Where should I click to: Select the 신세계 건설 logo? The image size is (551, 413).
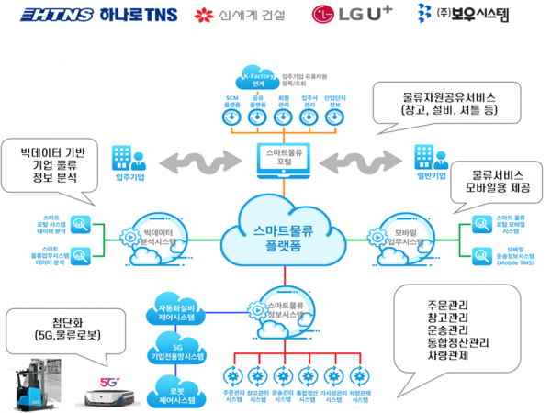coord(240,16)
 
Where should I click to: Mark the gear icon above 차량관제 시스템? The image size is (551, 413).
coord(361,376)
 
